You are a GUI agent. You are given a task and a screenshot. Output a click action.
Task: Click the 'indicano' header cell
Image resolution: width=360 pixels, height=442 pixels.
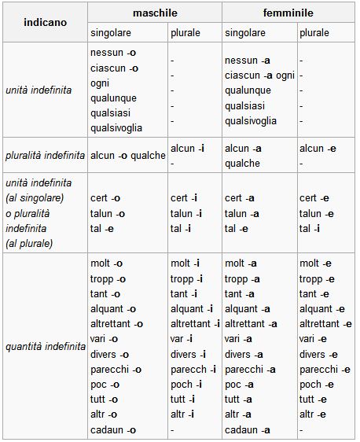tap(44, 23)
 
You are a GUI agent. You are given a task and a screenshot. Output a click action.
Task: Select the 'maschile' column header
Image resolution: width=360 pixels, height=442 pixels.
tap(155, 13)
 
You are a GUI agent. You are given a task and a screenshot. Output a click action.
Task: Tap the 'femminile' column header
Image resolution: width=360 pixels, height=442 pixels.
tap(288, 13)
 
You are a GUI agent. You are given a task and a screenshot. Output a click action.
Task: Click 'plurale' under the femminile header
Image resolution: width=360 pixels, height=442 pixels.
tap(315, 33)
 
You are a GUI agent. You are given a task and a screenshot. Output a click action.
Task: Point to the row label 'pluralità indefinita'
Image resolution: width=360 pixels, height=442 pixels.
tap(45, 155)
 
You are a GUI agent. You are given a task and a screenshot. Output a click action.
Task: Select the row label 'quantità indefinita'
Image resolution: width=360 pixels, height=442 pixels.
tap(45, 346)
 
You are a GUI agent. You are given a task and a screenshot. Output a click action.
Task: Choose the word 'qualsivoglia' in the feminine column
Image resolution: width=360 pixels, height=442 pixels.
tap(251, 121)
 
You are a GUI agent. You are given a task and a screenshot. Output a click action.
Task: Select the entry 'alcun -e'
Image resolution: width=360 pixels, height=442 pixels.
tap(318, 148)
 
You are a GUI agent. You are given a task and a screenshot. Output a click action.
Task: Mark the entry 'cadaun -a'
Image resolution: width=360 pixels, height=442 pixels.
tap(248, 429)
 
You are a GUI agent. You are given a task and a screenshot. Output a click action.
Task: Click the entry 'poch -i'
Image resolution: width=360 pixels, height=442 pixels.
tap(187, 385)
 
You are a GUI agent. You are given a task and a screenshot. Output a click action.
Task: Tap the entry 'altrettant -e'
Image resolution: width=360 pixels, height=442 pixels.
tap(325, 323)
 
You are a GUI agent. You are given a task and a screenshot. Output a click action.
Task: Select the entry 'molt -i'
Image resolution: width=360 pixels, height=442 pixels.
tap(186, 263)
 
